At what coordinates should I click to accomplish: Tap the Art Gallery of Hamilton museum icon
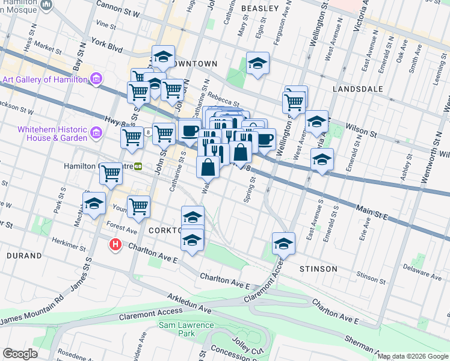coord(95,79)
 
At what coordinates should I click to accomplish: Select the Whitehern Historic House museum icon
coord(95,134)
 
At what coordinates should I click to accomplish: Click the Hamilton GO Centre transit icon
coord(138,166)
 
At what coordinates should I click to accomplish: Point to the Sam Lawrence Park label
coord(186,329)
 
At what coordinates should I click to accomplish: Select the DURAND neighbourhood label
coord(24,256)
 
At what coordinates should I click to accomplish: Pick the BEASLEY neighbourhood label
coord(259,8)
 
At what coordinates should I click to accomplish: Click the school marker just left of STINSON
coord(283,243)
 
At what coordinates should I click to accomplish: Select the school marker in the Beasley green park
coord(257,64)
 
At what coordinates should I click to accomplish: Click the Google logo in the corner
coord(20,354)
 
